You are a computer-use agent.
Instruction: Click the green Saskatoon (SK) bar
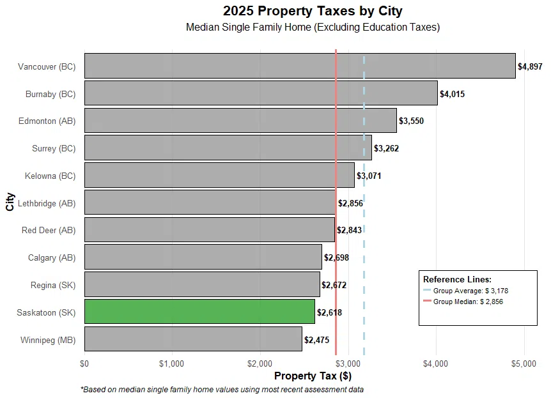199,312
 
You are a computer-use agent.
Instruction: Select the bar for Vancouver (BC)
300,66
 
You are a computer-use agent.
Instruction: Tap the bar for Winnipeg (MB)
193,339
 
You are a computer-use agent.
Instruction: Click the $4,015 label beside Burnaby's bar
452,94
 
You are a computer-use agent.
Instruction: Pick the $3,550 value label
411,121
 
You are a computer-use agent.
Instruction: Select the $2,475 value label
316,340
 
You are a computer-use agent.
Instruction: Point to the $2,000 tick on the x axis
260,363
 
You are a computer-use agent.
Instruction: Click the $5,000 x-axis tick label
524,363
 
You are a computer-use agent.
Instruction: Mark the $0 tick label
84,363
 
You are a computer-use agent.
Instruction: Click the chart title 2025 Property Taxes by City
313,11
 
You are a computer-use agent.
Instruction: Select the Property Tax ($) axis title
313,376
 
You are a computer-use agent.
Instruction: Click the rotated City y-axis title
10,203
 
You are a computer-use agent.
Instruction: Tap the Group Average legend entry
470,291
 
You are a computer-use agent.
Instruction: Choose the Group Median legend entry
468,302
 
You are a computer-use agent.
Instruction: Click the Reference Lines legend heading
457,279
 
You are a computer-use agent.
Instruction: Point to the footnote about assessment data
222,389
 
